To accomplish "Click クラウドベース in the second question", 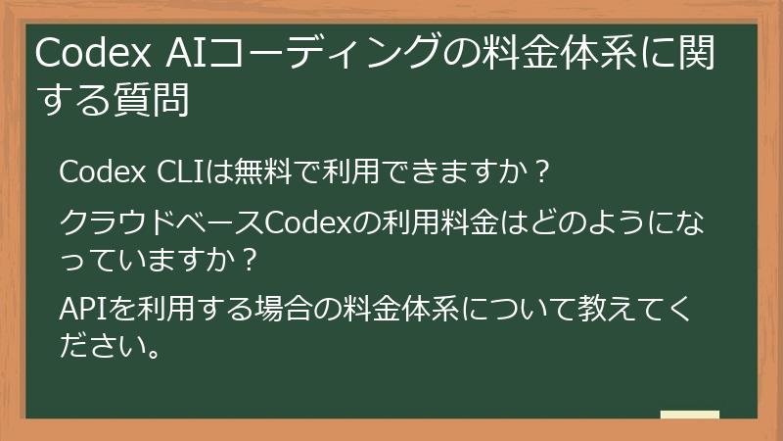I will (161, 223).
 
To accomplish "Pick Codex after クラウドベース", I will (308, 223).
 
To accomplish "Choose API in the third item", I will (79, 310).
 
